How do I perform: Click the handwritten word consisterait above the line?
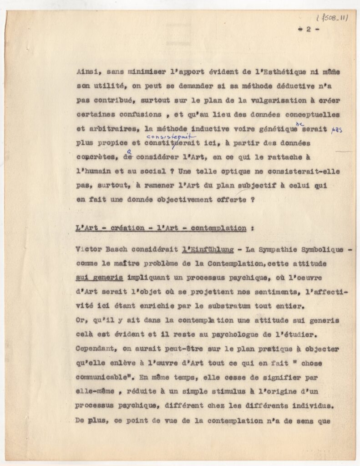tap(171, 136)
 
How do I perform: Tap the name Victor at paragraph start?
tap(89, 249)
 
